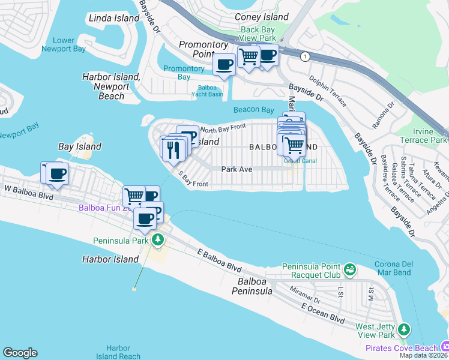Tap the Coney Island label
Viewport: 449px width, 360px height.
pyautogui.click(x=261, y=17)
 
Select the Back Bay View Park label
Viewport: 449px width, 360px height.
pyautogui.click(x=258, y=34)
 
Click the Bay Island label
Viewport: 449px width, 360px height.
pyautogui.click(x=79, y=146)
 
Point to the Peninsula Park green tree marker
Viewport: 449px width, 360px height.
pyautogui.click(x=158, y=241)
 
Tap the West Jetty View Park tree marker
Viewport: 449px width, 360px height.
pyautogui.click(x=405, y=329)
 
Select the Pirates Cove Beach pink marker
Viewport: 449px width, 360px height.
pyautogui.click(x=444, y=346)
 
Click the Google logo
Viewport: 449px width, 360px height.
pyautogui.click(x=20, y=353)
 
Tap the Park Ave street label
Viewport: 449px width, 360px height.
pyautogui.click(x=237, y=169)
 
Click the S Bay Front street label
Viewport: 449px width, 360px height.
pyautogui.click(x=193, y=179)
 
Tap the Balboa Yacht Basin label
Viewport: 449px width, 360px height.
pyautogui.click(x=207, y=91)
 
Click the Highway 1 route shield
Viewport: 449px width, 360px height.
pyautogui.click(x=306, y=56)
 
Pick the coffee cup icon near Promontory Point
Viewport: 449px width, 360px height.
pyautogui.click(x=224, y=64)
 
